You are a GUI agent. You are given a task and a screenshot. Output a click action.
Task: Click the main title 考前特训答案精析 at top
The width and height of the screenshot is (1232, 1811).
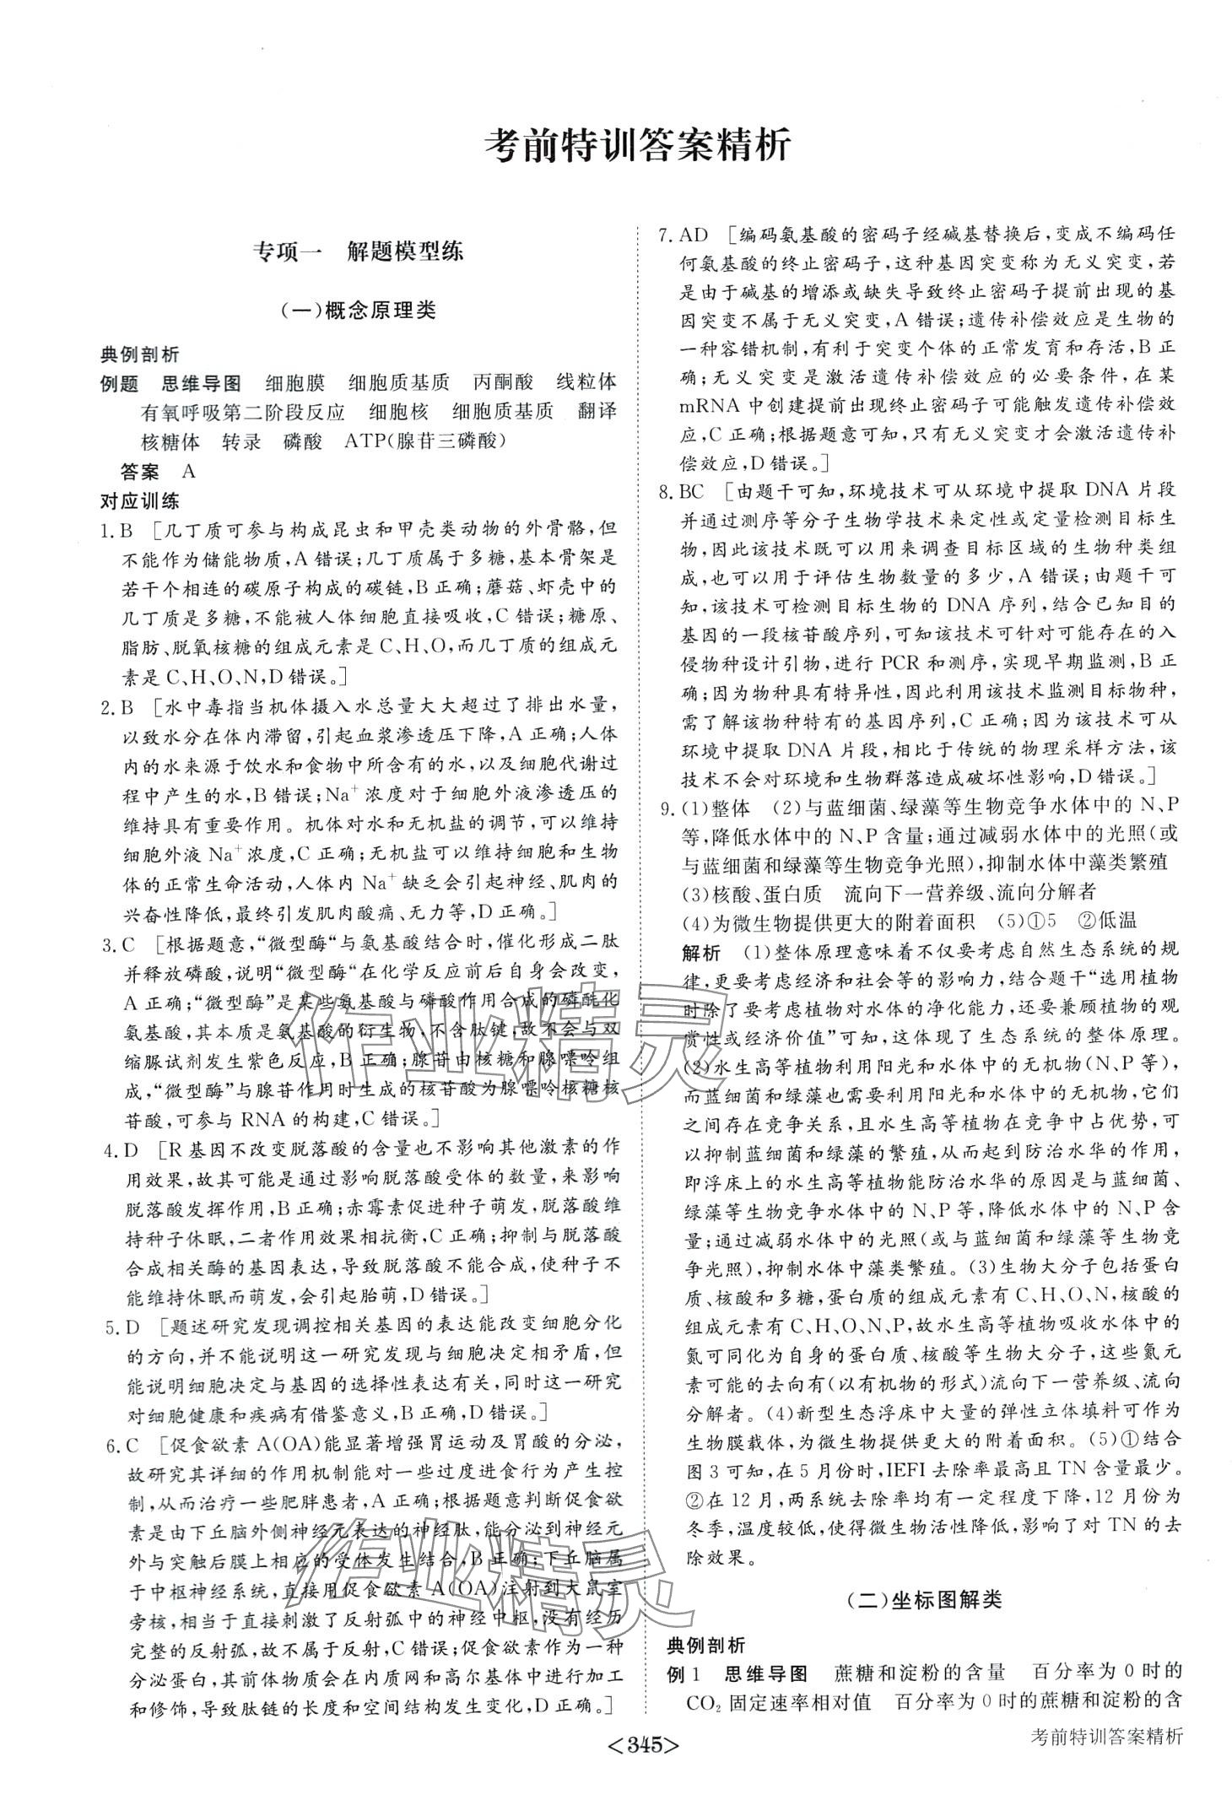coord(639,146)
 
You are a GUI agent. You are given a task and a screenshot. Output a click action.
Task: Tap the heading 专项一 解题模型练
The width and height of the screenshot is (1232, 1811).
coord(359,251)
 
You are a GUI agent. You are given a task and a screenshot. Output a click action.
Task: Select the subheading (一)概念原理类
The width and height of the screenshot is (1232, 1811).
coord(359,310)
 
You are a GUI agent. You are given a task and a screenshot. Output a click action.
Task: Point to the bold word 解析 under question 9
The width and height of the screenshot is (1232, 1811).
coord(700,953)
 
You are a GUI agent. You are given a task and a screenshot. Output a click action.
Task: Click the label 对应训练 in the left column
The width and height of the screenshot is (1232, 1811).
coord(140,500)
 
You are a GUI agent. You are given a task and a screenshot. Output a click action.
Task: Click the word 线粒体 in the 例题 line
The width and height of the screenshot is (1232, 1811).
coord(586,382)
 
